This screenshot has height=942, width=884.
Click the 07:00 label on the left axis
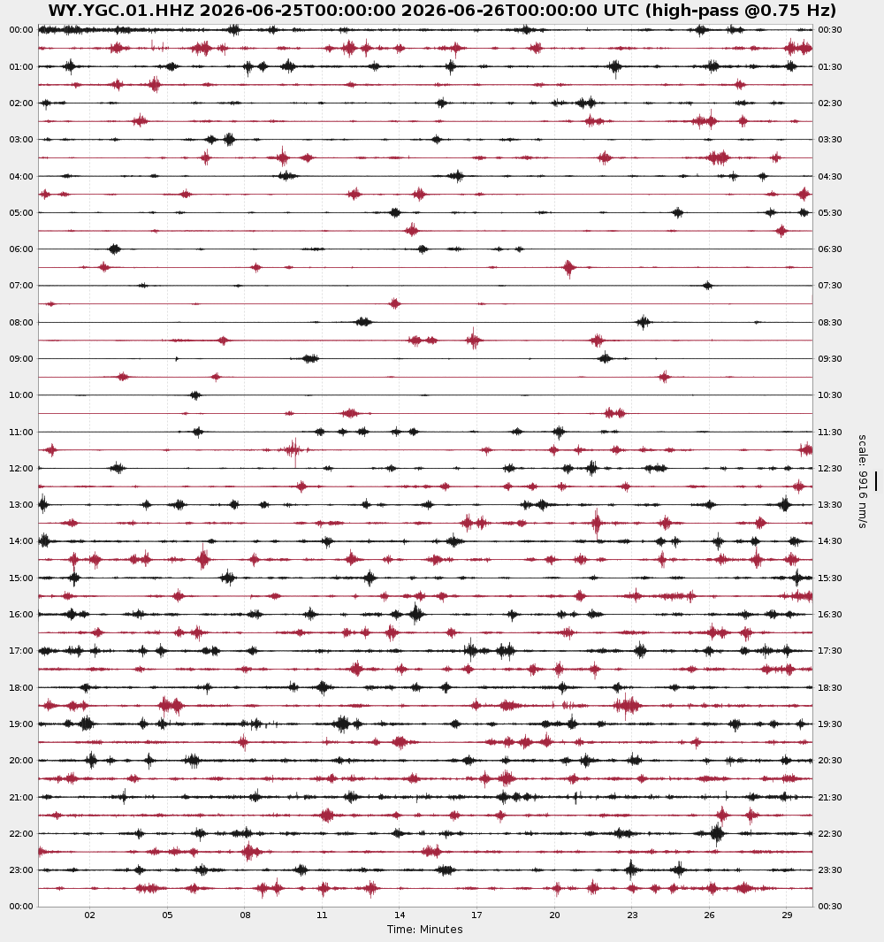tap(21, 286)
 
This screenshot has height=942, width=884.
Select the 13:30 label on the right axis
tap(829, 505)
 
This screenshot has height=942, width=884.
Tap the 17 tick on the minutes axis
tap(476, 915)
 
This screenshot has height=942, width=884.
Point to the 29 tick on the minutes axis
tap(787, 915)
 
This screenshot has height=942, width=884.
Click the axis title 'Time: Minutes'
tap(424, 930)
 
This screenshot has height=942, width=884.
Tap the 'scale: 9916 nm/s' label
tap(862, 481)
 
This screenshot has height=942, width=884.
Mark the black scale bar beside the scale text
tap(875, 481)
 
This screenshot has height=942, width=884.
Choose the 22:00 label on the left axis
tap(21, 834)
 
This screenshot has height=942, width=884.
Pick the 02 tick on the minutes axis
tap(89, 915)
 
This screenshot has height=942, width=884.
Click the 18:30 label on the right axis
tap(829, 688)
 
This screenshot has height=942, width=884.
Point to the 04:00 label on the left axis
tap(21, 177)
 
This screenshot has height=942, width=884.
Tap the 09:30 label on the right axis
tap(829, 358)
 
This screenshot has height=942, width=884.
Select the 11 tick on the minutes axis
tap(322, 915)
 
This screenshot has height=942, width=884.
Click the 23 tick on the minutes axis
tap(632, 915)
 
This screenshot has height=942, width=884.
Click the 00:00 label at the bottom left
tap(21, 906)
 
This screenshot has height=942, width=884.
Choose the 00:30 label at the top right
tap(829, 30)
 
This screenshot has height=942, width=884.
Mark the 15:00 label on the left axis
tap(21, 578)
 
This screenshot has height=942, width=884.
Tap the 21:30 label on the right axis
tap(829, 797)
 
